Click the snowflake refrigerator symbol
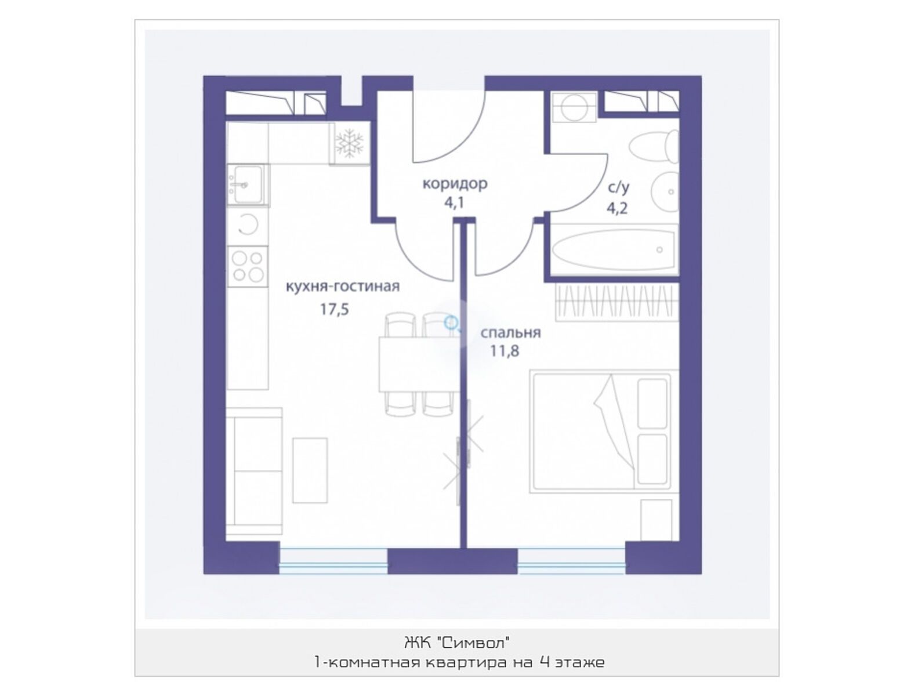tap(349, 143)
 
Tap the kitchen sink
tap(248, 185)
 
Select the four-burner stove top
tap(248, 266)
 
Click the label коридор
tap(455, 184)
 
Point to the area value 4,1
tap(454, 203)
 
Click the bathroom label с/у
tap(619, 188)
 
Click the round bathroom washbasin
tap(665, 191)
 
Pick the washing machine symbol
tap(574, 107)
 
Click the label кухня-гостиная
tap(342, 287)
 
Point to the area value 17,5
tap(334, 309)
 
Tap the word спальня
tap(510, 332)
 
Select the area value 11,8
tap(505, 351)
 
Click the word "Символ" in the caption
tap(474, 643)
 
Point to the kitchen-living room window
tap(333, 561)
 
